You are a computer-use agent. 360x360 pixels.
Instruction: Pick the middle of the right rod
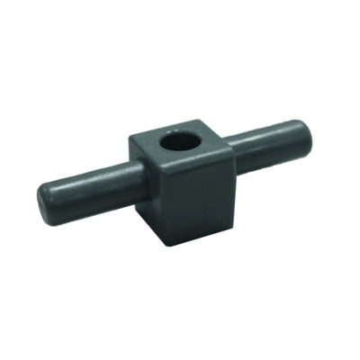point(270,139)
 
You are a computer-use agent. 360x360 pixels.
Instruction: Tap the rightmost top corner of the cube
point(229,144)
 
